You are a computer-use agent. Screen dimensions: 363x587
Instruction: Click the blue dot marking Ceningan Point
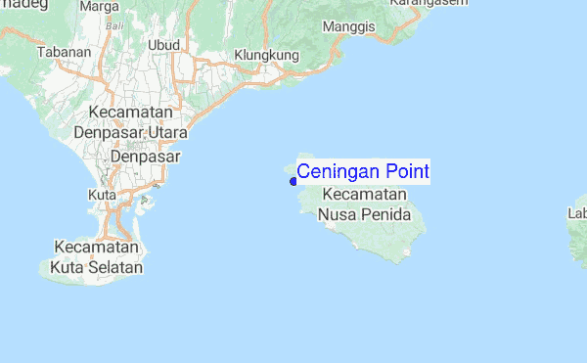tap(293, 181)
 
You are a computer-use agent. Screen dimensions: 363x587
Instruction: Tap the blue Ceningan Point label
tap(362, 172)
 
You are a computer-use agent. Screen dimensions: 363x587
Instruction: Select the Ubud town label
tap(163, 45)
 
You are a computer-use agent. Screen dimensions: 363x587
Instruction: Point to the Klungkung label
tap(266, 56)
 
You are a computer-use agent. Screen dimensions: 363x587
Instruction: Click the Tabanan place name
tap(57, 52)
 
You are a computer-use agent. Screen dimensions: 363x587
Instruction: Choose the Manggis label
tap(349, 26)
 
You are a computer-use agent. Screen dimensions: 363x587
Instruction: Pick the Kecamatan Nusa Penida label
tap(364, 204)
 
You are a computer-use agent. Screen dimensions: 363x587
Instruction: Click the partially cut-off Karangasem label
tap(425, 4)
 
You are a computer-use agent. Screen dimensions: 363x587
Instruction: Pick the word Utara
tap(166, 131)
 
